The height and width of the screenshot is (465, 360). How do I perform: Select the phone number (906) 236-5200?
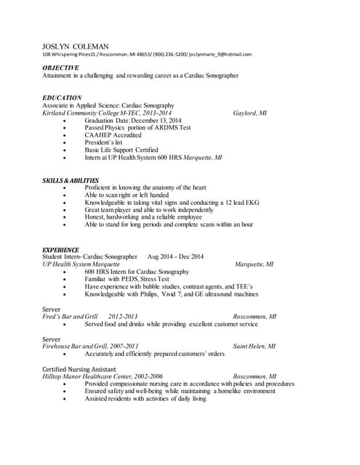pos(169,54)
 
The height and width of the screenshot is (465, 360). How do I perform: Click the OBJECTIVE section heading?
pos(60,68)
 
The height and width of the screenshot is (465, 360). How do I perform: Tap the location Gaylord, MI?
pos(249,113)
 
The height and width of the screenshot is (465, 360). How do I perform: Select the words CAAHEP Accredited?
pos(113,135)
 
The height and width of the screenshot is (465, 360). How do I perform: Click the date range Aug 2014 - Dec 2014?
pos(175,256)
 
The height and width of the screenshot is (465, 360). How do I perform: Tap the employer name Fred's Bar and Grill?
pos(70,317)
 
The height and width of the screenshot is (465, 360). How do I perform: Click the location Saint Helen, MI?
pos(254,347)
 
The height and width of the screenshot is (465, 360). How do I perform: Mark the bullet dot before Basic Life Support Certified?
pos(66,150)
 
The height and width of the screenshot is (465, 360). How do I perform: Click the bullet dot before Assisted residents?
pos(66,399)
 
